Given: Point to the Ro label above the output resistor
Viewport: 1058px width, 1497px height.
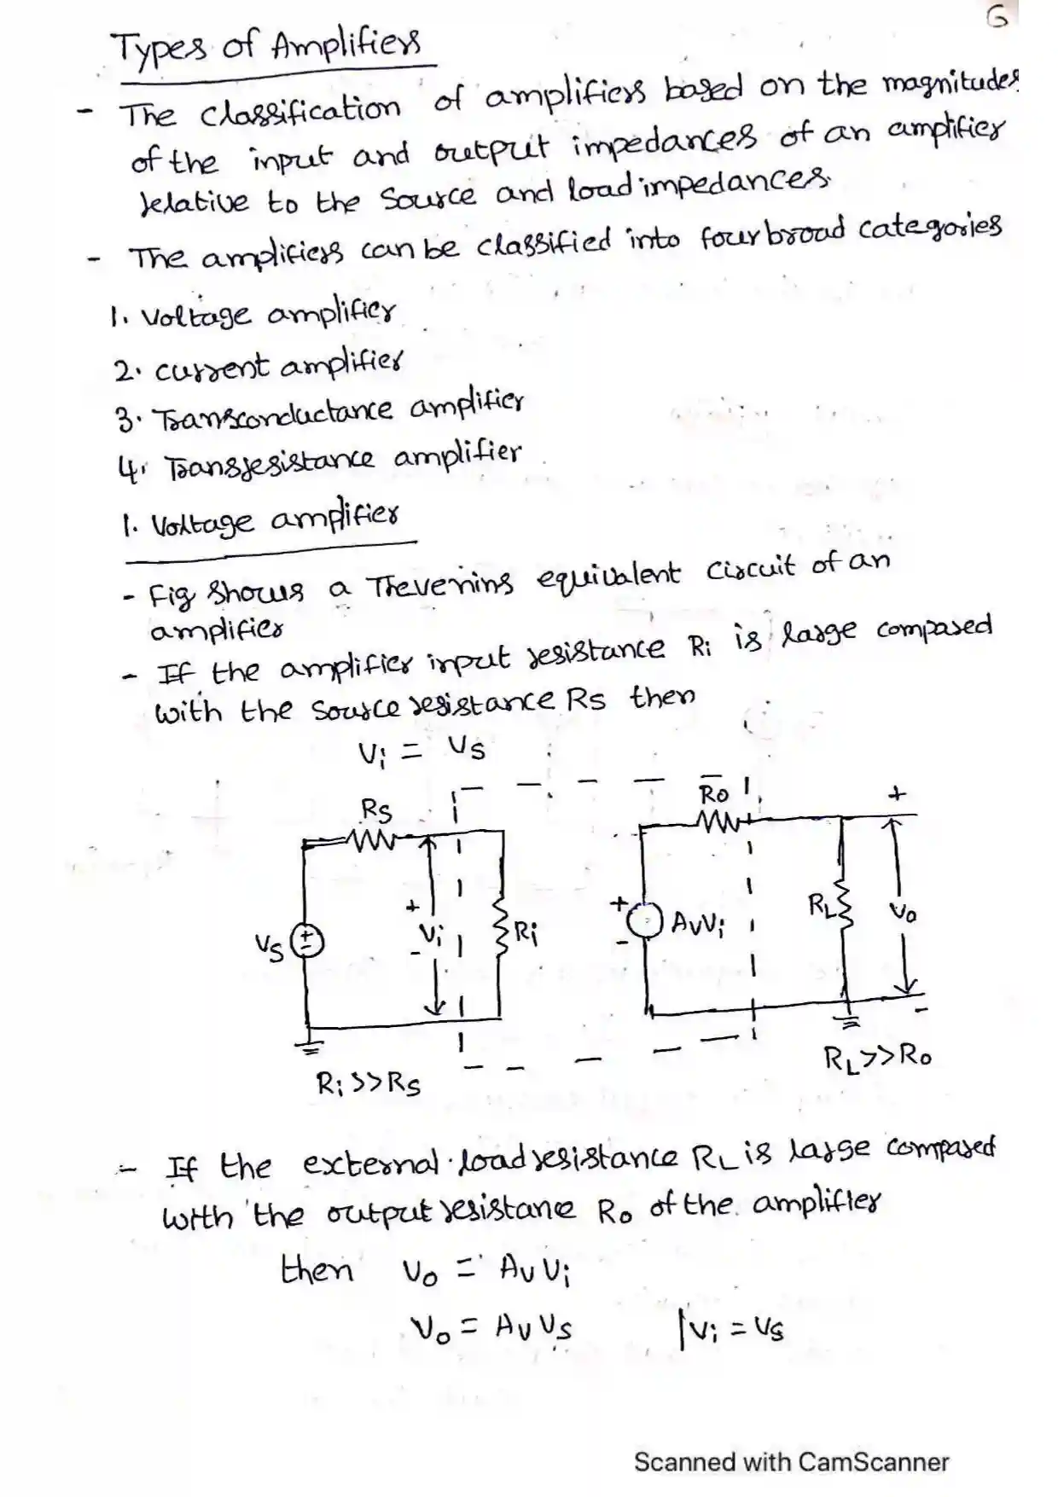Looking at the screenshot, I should [x=714, y=794].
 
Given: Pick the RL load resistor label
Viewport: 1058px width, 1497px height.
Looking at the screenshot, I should [x=821, y=905].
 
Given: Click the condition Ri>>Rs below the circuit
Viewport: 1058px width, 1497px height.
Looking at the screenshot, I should [x=368, y=1084].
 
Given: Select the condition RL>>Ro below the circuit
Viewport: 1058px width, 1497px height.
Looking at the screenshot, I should [x=877, y=1057].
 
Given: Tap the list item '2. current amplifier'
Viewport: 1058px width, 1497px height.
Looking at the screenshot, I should [x=257, y=368].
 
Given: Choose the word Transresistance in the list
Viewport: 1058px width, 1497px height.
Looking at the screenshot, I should [x=270, y=464].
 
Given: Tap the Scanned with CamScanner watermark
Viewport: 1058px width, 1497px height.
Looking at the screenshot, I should [x=791, y=1462].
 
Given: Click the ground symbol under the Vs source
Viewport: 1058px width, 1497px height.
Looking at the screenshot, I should [x=312, y=1042].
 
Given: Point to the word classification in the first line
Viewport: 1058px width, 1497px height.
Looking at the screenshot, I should [x=300, y=111].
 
